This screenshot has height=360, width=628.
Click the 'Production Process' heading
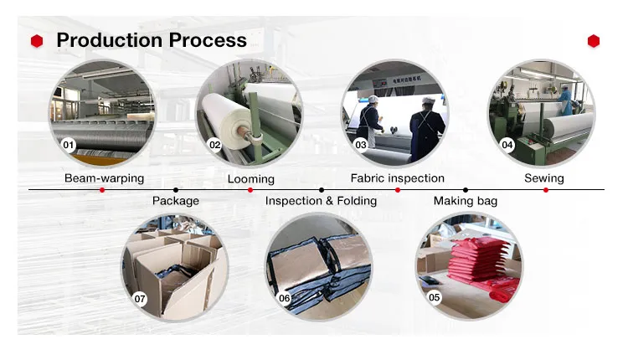[x=151, y=39]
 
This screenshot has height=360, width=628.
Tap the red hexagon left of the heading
[x=36, y=40]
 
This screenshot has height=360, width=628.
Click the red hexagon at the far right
[x=594, y=40]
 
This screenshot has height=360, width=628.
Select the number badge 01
[x=69, y=145]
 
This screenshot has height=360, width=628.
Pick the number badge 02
[x=214, y=145]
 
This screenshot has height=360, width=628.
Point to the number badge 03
[x=361, y=145]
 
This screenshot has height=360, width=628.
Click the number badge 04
[x=507, y=145]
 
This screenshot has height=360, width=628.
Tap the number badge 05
[x=434, y=297]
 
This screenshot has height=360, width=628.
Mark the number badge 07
[x=140, y=297]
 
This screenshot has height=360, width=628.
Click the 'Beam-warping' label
[x=104, y=178]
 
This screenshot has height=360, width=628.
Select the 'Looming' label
[x=250, y=179]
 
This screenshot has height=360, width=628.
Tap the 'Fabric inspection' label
[x=397, y=178]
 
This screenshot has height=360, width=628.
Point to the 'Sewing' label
[x=544, y=178]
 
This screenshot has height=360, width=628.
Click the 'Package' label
[x=175, y=201]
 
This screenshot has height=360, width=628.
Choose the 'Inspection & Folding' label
[x=321, y=201]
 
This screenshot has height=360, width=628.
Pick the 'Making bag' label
[x=465, y=201]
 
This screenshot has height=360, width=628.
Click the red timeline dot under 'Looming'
[x=250, y=190]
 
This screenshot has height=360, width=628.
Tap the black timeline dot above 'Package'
[x=175, y=190]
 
